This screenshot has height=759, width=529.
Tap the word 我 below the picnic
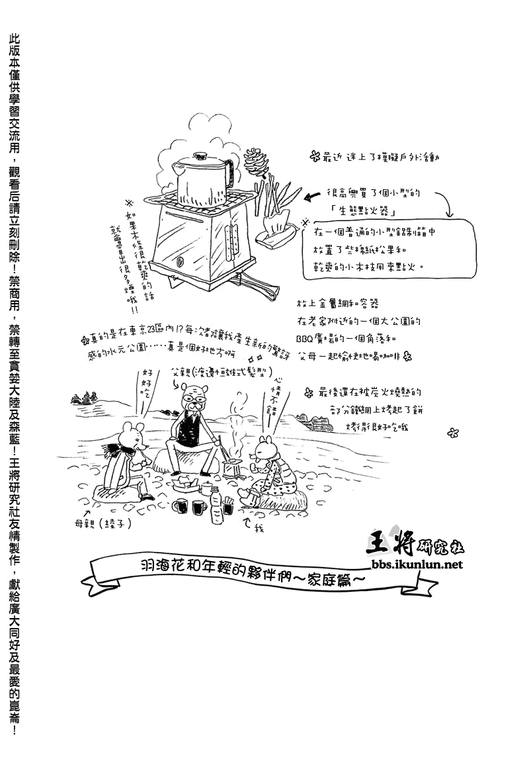coord(259,528)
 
